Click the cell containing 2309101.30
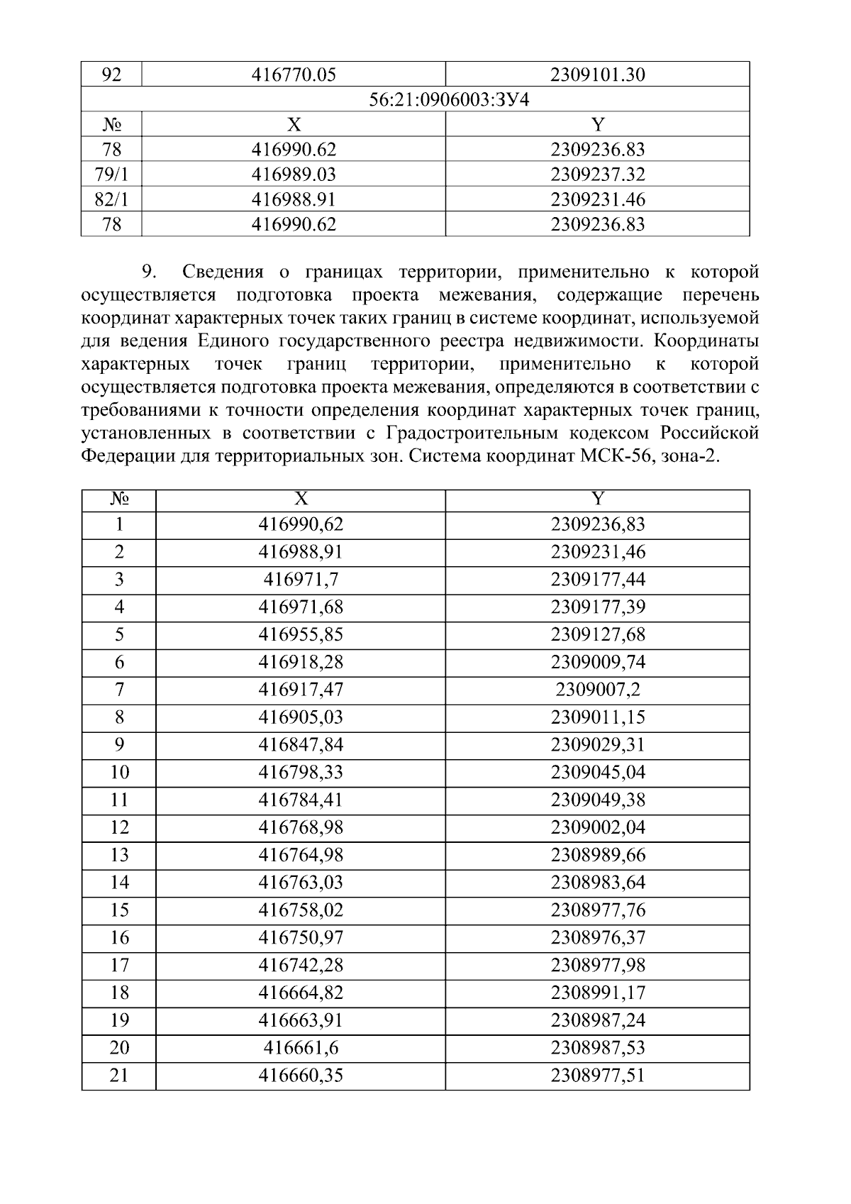598,74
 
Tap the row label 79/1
111,175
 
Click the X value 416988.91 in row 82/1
294,199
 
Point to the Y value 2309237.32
598,175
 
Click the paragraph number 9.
148,272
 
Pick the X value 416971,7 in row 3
301,580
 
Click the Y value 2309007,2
598,690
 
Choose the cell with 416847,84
301,745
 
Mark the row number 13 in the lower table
119,855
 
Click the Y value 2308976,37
598,938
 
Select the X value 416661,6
301,1048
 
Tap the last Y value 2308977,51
598,1076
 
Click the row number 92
111,74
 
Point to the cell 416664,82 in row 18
301,993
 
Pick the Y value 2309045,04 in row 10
598,772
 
